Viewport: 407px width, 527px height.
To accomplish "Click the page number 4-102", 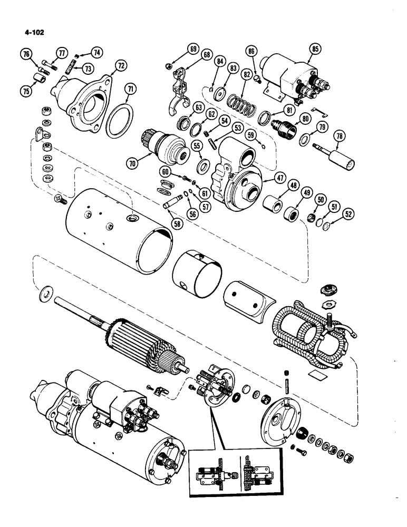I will point(34,32).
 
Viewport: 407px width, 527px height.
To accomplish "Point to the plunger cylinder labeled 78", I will point(337,157).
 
